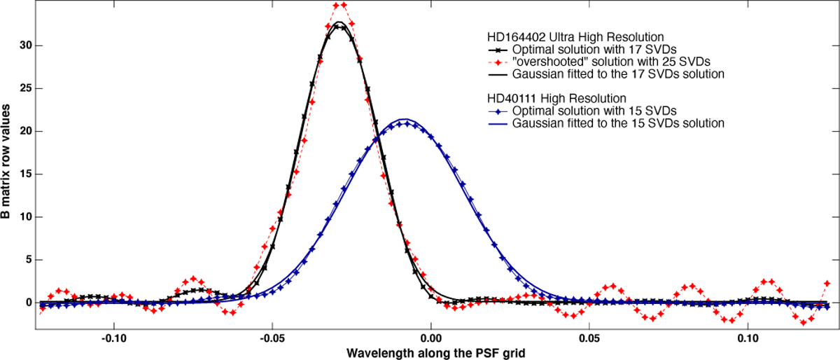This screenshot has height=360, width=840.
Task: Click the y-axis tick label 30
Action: coord(26,46)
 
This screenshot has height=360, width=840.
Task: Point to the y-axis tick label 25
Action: coord(26,88)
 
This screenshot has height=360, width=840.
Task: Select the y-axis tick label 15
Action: coord(26,174)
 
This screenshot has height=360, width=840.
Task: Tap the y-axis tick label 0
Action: coord(29,303)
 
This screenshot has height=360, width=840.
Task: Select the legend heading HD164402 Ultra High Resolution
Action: coord(575,36)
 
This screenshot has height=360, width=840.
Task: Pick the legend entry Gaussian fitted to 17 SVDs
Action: coord(617,74)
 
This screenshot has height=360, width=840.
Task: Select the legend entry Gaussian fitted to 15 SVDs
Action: coord(617,123)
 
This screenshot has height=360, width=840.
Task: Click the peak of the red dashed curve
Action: coord(339,6)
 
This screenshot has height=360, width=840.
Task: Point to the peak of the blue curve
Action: coord(404,120)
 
